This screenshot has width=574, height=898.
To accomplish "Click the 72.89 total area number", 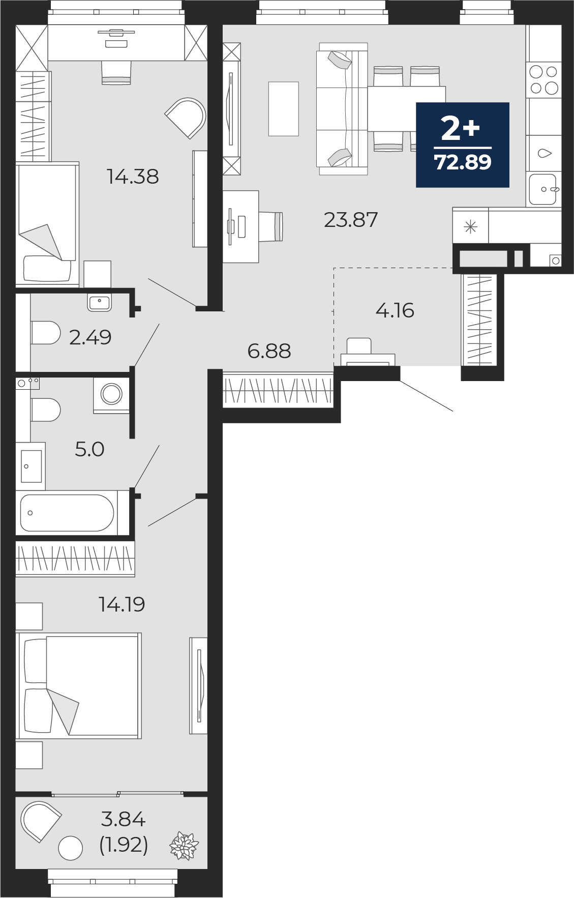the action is coord(463,162).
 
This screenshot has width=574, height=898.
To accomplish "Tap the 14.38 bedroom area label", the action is coord(133,177).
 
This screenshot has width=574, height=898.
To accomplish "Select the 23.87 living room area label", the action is coord(351,220).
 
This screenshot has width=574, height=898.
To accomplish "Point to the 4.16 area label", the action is coord(395,310).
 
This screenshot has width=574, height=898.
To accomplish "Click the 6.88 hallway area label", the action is coord(269,351).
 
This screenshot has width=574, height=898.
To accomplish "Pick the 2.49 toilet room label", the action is coord(90,337).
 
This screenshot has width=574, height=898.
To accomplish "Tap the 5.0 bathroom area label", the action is coord(89,449).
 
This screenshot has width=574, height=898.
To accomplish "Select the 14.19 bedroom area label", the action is coord(122,604).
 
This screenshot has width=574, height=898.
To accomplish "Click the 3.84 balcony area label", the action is coord(124,819).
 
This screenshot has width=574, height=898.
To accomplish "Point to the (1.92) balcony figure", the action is coord(124,845).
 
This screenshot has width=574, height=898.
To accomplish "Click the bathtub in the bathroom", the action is coord(67,513).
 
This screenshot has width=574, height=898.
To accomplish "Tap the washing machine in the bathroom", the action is coord(111,394).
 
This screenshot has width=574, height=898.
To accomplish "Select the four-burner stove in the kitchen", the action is coord(544,80).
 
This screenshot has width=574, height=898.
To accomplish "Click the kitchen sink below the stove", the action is coord(543,189).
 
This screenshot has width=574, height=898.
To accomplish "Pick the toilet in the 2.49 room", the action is coord(46,333).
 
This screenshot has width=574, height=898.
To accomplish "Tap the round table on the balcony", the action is coord(71,848).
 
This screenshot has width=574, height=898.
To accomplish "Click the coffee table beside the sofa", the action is coord(284,109).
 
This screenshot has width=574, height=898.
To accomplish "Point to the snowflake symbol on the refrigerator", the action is coord(471,226).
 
